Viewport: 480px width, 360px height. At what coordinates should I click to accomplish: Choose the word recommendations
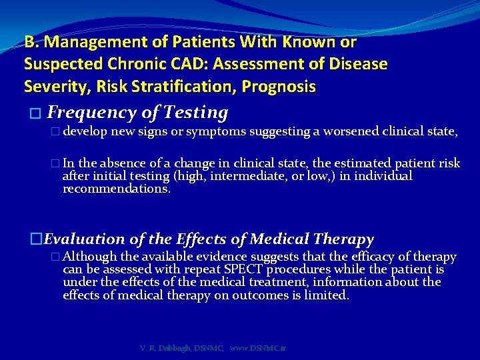[x=116, y=189]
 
